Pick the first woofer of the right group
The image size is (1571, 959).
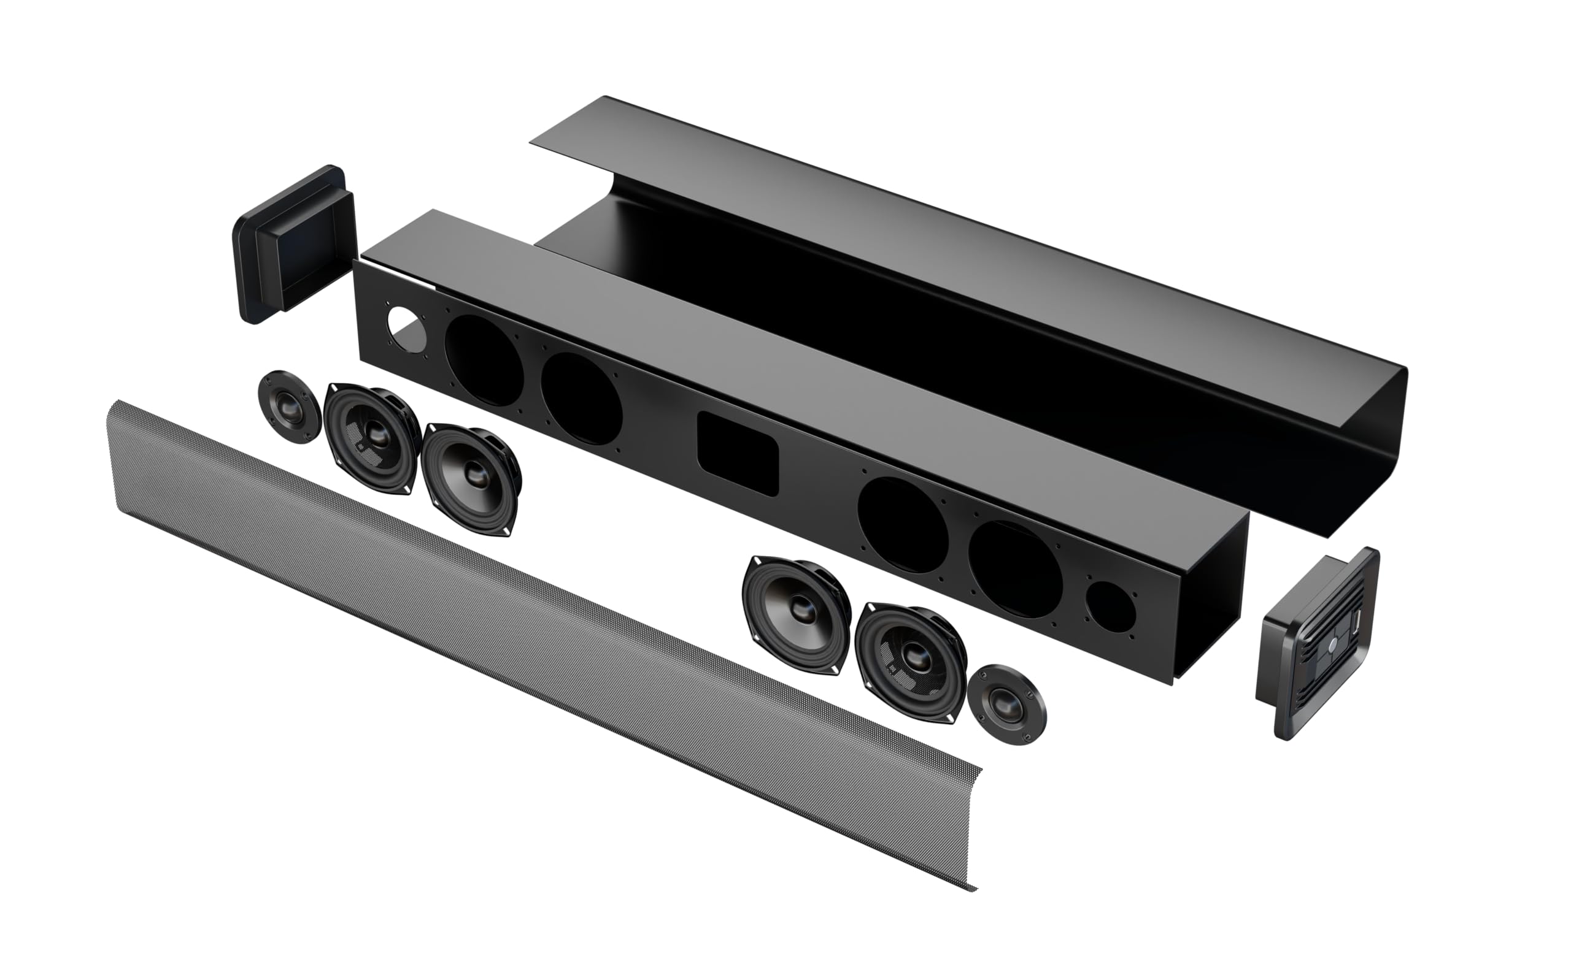tap(797, 614)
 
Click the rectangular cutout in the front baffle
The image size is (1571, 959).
tap(738, 453)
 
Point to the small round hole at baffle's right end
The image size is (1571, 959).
tap(1111, 606)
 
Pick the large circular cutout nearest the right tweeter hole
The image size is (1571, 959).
tap(1014, 569)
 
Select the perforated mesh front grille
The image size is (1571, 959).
tap(510, 624)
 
